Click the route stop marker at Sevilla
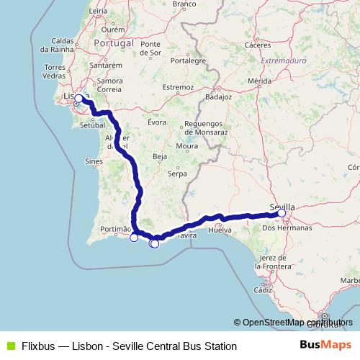(x=282, y=213)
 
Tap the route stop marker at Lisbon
(x=79, y=99)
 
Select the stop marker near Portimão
(x=134, y=238)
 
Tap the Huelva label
(x=218, y=230)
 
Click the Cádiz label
(x=264, y=289)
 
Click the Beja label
(x=160, y=156)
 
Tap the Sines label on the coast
(x=94, y=162)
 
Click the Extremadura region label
(x=284, y=61)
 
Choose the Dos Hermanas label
(x=287, y=228)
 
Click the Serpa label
(x=177, y=174)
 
